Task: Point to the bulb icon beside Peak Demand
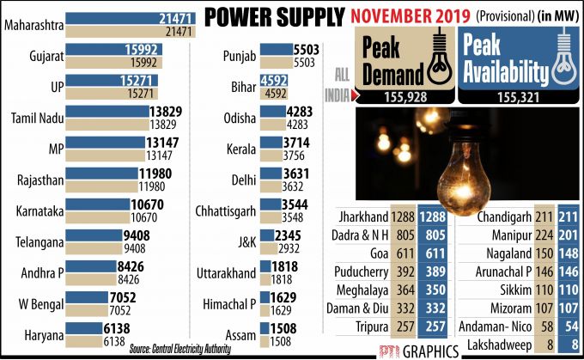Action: point(438,56)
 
